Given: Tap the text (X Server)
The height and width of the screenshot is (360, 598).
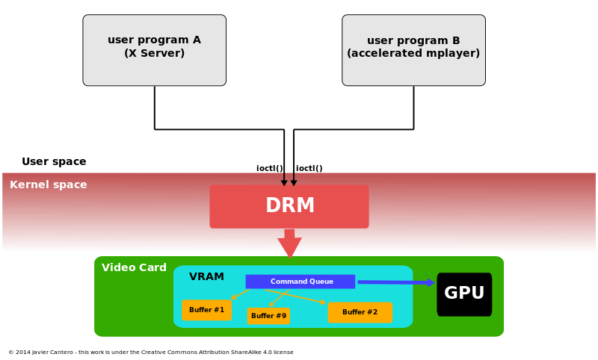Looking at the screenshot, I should pos(154,54).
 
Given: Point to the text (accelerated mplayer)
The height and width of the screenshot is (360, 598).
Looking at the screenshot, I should pos(413,54).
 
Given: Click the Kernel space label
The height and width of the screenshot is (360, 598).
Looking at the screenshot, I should pos(49,185).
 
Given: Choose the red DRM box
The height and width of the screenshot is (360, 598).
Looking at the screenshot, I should pos(289,207).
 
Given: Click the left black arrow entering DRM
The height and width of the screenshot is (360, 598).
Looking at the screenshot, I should pos(284,179).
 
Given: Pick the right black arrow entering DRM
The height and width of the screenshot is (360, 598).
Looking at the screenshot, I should pos(294,179).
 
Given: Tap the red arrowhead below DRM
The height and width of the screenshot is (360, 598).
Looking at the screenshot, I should pos(289,246).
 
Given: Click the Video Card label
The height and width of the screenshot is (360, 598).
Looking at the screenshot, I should pos(134,268).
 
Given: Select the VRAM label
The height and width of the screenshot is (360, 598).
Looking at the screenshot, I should pos(206,277).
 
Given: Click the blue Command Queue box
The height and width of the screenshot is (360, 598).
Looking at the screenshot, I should pos(300,282).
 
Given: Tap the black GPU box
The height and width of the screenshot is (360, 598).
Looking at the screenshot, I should pos(464,294).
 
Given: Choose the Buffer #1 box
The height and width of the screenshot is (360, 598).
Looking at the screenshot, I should pos(206,310).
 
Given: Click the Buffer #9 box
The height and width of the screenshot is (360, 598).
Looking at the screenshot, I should pos(268,316).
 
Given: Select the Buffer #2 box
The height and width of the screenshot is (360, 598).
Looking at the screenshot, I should pos(360,312).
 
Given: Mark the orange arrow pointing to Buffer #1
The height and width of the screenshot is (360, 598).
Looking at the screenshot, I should pos(240,294).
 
